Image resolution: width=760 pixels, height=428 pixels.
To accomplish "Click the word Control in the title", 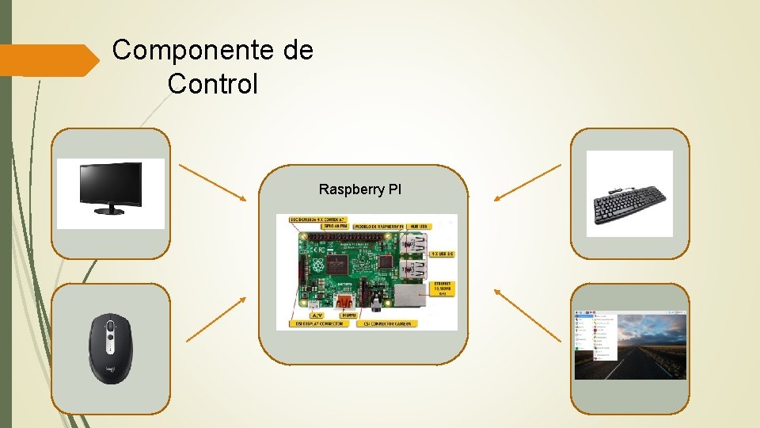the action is [x=213, y=83].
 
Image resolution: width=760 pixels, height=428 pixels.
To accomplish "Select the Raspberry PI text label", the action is [x=360, y=189].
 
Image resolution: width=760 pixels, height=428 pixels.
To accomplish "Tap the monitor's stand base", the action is [x=110, y=211].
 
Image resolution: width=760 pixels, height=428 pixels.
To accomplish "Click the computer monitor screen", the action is [x=110, y=183].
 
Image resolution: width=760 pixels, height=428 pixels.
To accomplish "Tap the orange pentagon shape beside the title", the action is [x=47, y=60].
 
